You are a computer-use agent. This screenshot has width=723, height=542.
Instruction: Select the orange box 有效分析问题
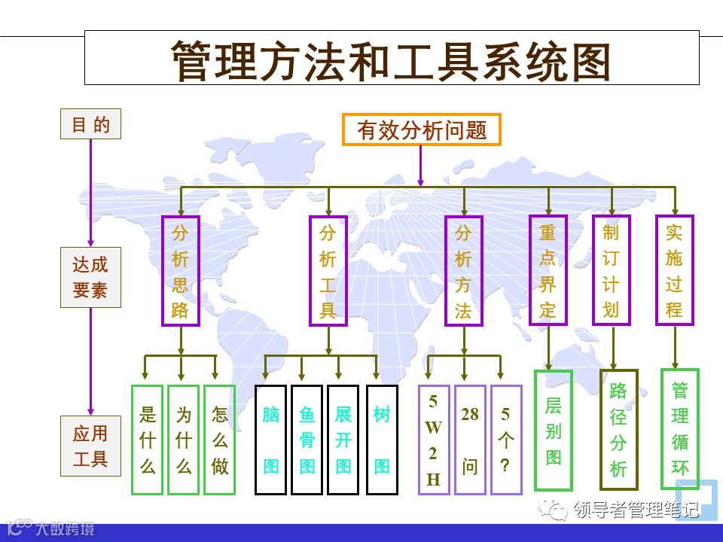pyautogui.click(x=421, y=129)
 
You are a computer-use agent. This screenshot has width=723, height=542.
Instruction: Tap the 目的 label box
pyautogui.click(x=90, y=124)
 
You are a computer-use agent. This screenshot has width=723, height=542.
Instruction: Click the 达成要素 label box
pyautogui.click(x=90, y=277)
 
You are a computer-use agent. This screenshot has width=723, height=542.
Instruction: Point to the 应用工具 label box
pyautogui.click(x=90, y=446)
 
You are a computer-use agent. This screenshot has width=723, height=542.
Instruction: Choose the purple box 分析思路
pyautogui.click(x=180, y=271)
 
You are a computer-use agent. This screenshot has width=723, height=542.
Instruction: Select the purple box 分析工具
pyautogui.click(x=328, y=271)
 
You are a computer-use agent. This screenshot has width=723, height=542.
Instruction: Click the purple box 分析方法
pyautogui.click(x=463, y=271)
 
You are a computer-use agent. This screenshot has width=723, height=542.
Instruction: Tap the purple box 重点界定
pyautogui.click(x=548, y=269)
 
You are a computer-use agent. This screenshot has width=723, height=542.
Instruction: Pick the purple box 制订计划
pyautogui.click(x=611, y=269)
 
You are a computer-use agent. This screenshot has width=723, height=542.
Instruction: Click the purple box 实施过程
pyautogui.click(x=674, y=269)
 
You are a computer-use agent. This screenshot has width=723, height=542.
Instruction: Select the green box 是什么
pyautogui.click(x=148, y=440)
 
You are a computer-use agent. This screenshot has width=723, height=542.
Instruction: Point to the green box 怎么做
pyautogui.click(x=219, y=440)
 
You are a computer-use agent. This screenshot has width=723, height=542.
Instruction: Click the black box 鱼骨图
pyautogui.click(x=307, y=440)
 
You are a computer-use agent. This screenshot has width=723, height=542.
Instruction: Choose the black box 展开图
pyautogui.click(x=343, y=440)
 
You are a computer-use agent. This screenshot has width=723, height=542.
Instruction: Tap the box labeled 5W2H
pyautogui.click(x=433, y=440)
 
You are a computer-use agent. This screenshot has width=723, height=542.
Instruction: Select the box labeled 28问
pyautogui.click(x=470, y=440)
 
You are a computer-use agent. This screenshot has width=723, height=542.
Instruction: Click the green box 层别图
pyautogui.click(x=554, y=431)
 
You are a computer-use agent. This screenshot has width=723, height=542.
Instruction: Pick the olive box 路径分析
pyautogui.click(x=618, y=429)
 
